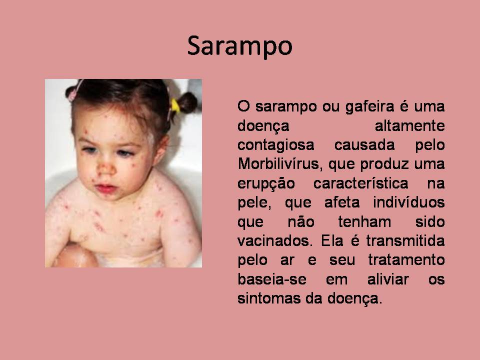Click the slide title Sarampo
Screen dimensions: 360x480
tap(239, 46)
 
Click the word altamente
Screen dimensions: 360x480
tap(409, 126)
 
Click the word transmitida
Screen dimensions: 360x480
tap(408, 241)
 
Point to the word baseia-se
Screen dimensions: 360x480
tap(266, 279)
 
